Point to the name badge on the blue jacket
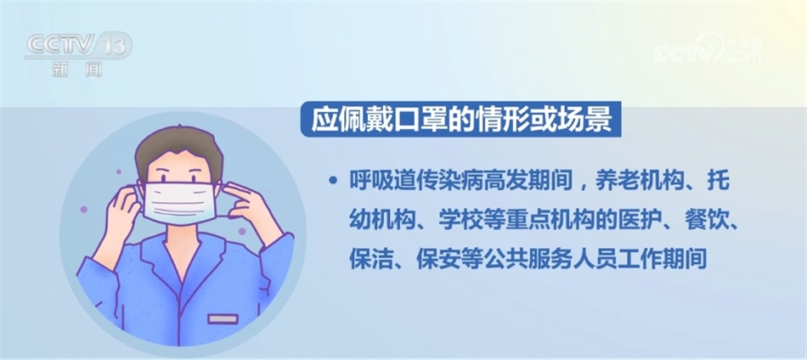coord(223,319)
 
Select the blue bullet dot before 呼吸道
coord(333,181)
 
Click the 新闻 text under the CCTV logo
coord(77,70)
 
